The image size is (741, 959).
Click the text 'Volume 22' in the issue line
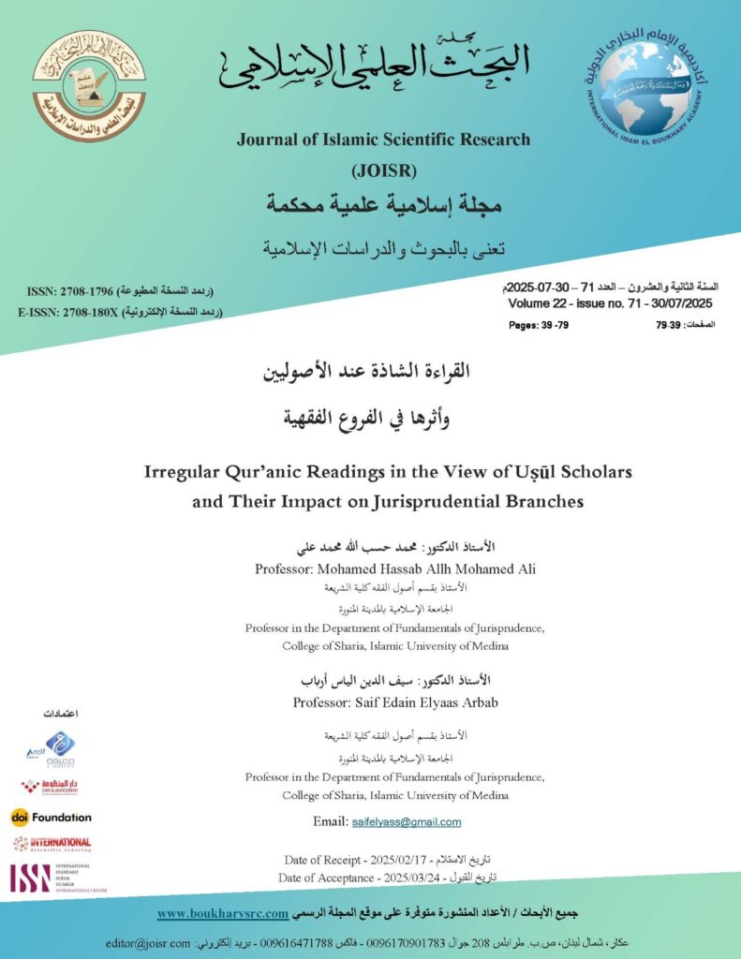pos(538,303)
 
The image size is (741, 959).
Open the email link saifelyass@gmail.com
pos(406,821)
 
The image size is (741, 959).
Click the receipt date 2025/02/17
pos(391,859)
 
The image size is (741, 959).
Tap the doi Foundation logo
pos(52,817)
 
